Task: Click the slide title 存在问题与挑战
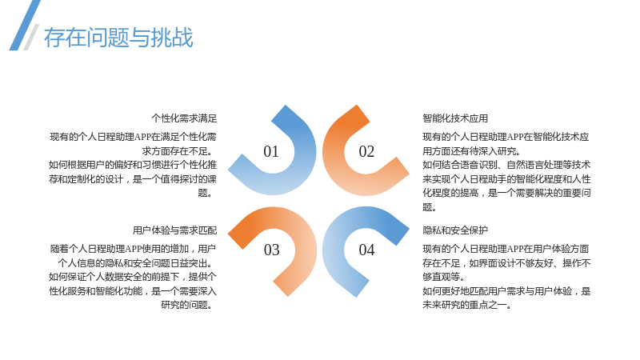(x=118, y=38)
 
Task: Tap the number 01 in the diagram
(x=271, y=151)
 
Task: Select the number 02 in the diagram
(x=366, y=151)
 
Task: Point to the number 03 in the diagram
(x=271, y=250)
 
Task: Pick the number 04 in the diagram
(x=366, y=250)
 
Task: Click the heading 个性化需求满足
(x=184, y=118)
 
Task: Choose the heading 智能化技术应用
(x=455, y=118)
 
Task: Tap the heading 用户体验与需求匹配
(x=174, y=230)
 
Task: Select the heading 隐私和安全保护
(x=455, y=230)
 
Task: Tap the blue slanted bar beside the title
(x=25, y=26)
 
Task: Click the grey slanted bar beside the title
(x=31, y=37)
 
